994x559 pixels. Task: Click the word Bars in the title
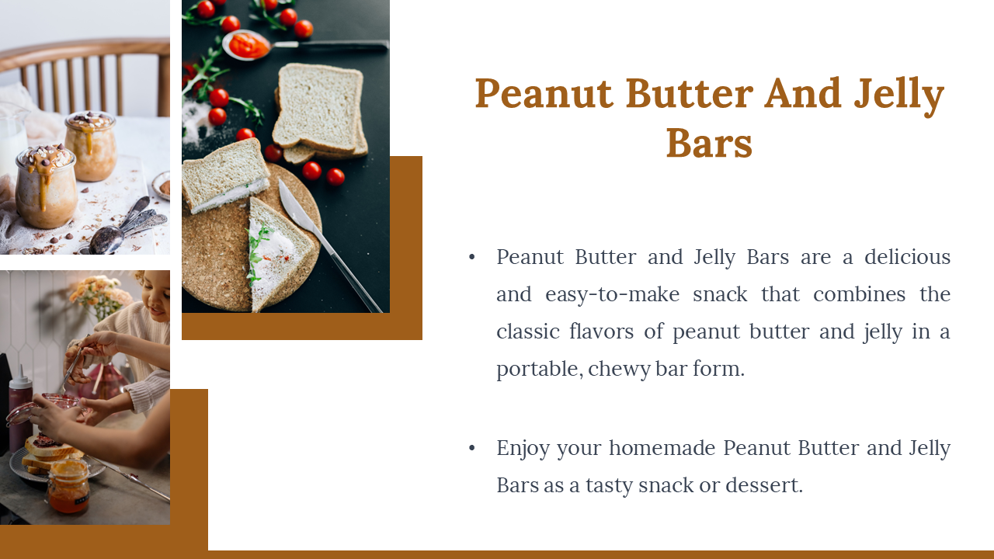point(709,144)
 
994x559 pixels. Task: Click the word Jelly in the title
point(899,95)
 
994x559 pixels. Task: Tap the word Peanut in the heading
point(544,93)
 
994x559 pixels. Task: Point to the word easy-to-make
point(613,294)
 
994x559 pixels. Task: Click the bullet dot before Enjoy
point(471,448)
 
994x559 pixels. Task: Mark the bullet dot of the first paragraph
point(471,257)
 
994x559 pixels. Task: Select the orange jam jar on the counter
point(69,486)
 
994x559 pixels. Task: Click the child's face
point(158,297)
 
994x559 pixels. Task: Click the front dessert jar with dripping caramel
point(45,186)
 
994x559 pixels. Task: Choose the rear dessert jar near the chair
point(92,145)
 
